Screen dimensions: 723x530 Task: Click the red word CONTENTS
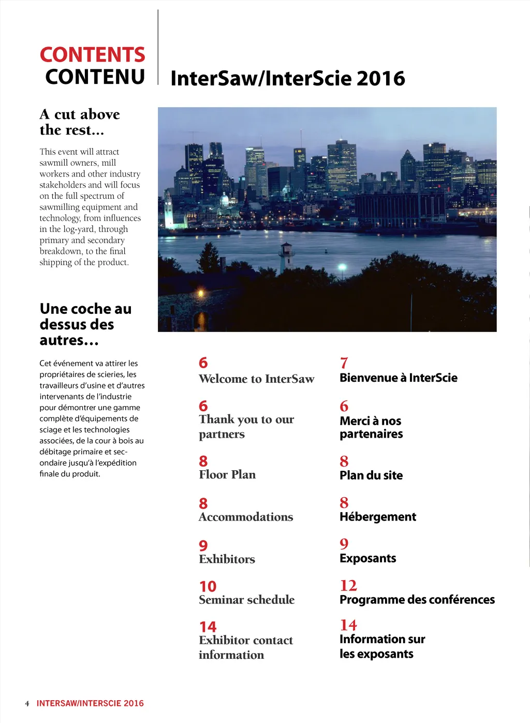(x=92, y=55)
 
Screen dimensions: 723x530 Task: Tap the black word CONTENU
(x=95, y=77)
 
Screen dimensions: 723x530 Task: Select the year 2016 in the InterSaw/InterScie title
(x=380, y=79)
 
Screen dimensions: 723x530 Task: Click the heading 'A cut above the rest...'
(x=80, y=122)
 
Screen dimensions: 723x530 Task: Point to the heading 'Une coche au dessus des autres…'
(x=85, y=324)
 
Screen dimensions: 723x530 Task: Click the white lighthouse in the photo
(x=286, y=256)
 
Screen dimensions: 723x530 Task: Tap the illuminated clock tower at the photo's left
(x=168, y=210)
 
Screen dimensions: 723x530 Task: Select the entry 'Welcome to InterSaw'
(x=256, y=379)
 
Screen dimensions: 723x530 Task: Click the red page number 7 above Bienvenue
(x=344, y=363)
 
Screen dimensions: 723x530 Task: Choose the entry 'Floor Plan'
(x=227, y=475)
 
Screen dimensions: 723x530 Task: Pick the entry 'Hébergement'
(x=378, y=517)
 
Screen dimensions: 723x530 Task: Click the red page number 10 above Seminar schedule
(x=208, y=587)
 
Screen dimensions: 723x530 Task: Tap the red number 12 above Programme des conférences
(x=348, y=586)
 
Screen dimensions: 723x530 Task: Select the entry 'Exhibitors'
(x=227, y=559)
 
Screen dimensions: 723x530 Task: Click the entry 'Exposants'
(x=368, y=558)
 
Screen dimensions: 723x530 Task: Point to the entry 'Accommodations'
(x=246, y=517)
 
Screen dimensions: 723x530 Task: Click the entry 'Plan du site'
(x=371, y=475)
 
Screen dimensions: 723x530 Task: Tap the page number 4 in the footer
(x=27, y=704)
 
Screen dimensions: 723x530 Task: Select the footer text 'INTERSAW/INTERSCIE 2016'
(x=90, y=703)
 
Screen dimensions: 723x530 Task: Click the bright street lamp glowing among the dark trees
(x=342, y=267)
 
